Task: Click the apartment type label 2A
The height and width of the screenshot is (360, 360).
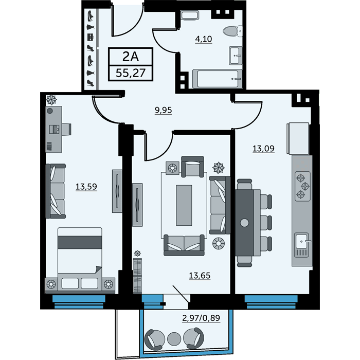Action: [131, 57]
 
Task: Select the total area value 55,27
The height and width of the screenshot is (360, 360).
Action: [131, 73]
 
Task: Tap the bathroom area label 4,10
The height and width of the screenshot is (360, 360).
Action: [204, 39]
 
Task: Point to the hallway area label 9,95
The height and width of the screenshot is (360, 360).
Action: [163, 110]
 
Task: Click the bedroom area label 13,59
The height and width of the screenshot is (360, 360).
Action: [86, 187]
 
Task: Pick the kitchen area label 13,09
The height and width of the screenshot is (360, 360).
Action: [263, 149]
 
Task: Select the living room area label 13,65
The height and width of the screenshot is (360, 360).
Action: [200, 275]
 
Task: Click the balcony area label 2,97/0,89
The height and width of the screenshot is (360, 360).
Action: [201, 318]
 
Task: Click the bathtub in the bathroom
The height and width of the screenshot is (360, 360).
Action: [217, 79]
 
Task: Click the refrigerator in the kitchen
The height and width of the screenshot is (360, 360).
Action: [298, 138]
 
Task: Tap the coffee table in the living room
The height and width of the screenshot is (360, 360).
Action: [184, 205]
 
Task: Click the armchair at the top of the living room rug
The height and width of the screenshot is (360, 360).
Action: [192, 167]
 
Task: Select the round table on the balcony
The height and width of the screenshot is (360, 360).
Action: [174, 338]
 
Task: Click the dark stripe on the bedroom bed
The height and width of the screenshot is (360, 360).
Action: [80, 242]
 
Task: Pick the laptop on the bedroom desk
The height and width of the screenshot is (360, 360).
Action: [55, 129]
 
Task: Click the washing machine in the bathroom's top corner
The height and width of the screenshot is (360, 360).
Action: [190, 15]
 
